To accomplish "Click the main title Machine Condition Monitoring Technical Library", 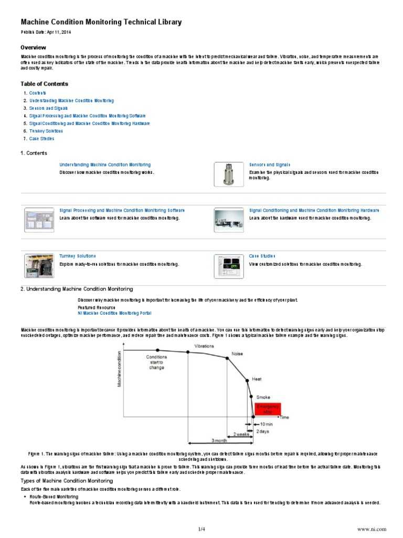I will coord(101,22).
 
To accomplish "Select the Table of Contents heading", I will coord(44,84).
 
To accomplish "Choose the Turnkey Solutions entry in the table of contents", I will coord(46,131).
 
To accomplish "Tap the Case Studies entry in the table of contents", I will coord(41,139).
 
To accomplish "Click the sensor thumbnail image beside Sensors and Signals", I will coord(228,174).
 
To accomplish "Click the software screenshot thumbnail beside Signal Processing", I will coord(39,220).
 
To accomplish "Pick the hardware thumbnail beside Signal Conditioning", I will coord(228,220).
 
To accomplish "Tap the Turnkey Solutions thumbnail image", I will coord(39,265).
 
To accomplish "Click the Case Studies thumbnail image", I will coord(228,265).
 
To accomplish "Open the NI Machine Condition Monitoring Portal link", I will coord(114,313).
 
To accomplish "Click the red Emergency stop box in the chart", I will coord(268,409).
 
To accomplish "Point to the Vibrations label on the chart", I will coord(204,346).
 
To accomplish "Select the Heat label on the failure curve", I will coord(257,378).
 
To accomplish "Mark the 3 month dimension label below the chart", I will coord(219,440).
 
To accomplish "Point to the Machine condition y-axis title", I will coord(119,370).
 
